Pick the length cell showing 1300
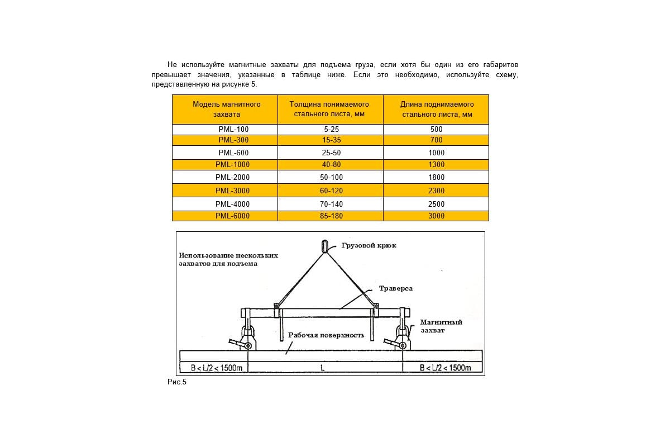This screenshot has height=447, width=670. [436, 165]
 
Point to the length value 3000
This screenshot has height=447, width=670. [436, 216]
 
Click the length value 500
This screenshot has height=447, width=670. [436, 129]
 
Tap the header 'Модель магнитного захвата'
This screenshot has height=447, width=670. [226, 109]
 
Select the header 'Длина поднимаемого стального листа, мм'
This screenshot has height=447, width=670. [437, 109]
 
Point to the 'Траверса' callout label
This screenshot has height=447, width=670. [396, 288]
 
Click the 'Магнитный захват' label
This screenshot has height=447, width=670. [441, 326]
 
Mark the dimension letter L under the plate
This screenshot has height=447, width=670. [323, 368]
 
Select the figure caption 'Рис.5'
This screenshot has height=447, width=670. [176, 382]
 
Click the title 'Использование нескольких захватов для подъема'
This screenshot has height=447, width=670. [228, 259]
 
